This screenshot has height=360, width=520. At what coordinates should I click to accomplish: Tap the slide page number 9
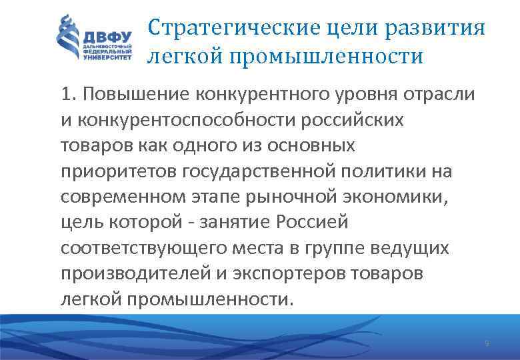[486, 344]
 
